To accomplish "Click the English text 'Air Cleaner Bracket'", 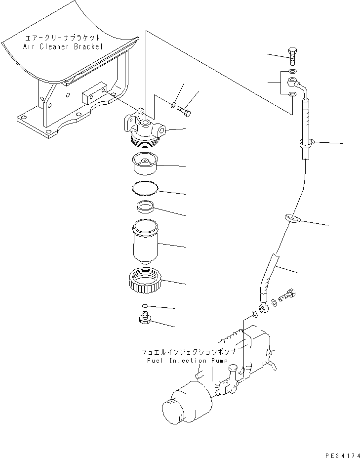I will coord(63,46).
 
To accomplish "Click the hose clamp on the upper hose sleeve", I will coord(305,144).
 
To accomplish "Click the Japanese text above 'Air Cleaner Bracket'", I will coord(63,38).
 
